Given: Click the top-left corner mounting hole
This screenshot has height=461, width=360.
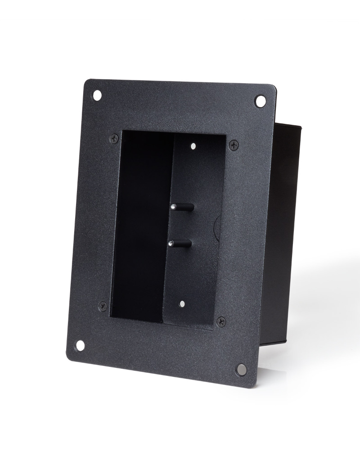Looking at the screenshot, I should (97, 95).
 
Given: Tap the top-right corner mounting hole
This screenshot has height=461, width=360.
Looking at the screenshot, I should (260, 101).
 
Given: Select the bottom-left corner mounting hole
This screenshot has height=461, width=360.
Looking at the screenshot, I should (80, 345).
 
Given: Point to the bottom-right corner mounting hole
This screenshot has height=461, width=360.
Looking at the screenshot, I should (241, 369).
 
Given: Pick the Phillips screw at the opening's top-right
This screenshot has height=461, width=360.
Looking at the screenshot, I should (233, 145).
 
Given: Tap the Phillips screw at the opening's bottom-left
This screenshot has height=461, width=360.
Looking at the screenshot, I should (103, 307).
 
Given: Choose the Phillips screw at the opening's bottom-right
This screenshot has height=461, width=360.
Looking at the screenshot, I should (221, 321).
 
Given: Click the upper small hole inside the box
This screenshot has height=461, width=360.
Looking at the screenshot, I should (193, 146).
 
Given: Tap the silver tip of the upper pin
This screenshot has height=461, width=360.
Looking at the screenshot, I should (173, 207).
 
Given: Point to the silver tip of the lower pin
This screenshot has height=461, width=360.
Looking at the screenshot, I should (171, 244).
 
